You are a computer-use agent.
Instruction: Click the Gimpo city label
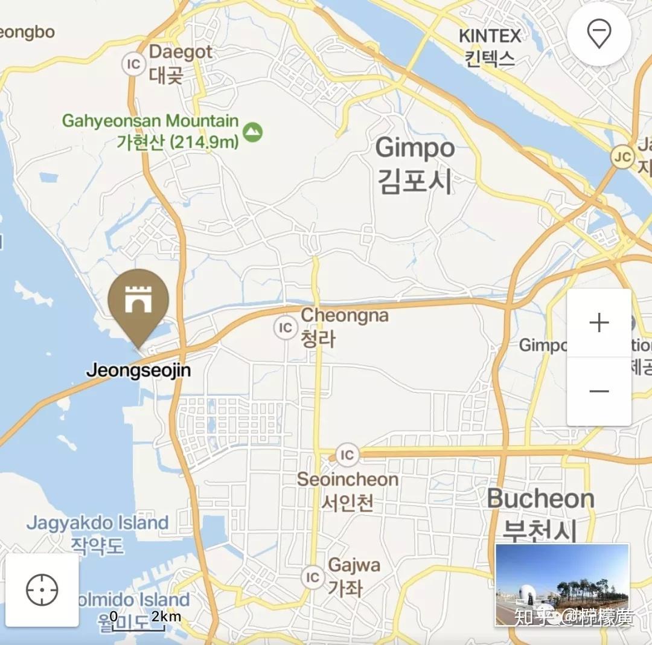415,164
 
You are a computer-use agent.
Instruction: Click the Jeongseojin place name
138,370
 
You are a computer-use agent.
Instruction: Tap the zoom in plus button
599,322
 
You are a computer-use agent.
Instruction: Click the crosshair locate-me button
42,590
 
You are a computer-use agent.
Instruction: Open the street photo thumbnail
562,584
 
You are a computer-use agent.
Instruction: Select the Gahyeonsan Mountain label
151,130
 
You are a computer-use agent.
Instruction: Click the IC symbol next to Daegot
133,64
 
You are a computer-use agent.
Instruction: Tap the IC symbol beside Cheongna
284,328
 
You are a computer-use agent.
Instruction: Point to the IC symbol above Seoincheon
347,454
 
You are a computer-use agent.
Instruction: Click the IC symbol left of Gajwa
312,577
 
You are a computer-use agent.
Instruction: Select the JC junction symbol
622,157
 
